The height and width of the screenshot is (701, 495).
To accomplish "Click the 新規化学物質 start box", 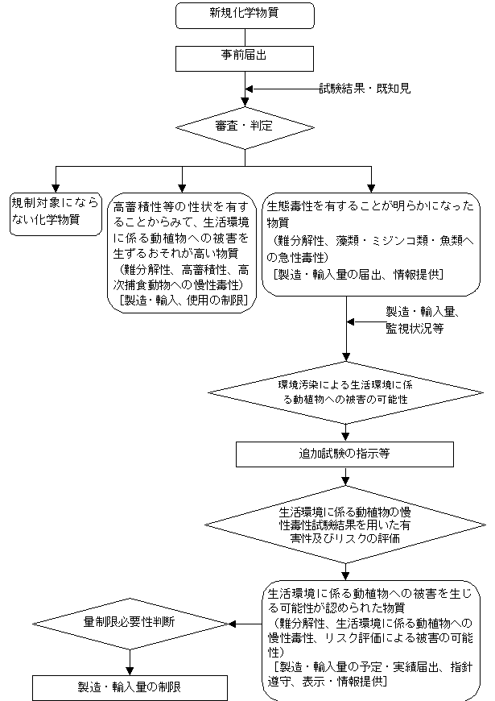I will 244,15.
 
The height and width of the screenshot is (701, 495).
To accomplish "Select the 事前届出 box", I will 244,56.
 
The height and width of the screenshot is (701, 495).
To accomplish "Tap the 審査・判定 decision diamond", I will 244,127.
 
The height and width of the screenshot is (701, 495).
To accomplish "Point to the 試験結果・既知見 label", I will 365,89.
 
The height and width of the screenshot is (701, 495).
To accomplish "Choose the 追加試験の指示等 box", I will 347,454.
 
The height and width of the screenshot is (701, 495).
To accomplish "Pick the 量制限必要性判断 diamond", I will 130,623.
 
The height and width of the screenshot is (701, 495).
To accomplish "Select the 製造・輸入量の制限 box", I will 130,687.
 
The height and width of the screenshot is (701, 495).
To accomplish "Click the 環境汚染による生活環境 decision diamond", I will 347,392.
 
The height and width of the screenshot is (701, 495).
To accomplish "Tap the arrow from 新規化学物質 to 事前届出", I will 244,36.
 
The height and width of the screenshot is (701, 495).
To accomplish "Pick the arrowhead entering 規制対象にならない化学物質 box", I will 56,186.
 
